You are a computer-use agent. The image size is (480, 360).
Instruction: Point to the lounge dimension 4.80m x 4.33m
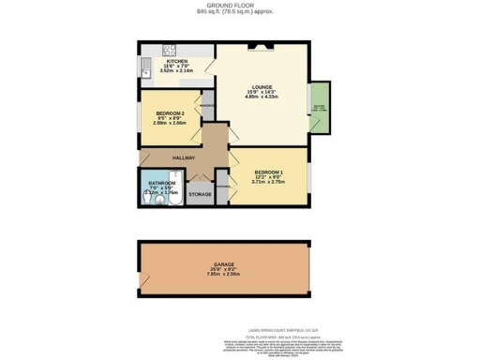tap(256, 97)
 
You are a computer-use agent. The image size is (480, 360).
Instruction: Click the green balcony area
tap(320, 107)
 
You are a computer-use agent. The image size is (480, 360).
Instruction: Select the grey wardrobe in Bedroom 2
tap(208, 106)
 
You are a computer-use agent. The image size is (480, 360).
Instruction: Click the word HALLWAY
tap(183, 157)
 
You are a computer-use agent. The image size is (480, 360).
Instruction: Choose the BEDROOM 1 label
tap(267, 173)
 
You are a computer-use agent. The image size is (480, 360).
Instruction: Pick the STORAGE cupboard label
tap(200, 194)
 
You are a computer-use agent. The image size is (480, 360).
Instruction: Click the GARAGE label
tap(223, 264)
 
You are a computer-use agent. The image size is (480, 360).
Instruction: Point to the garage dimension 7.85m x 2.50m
tap(223, 276)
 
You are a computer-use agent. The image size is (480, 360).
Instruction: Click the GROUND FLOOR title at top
tap(239, 5)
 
